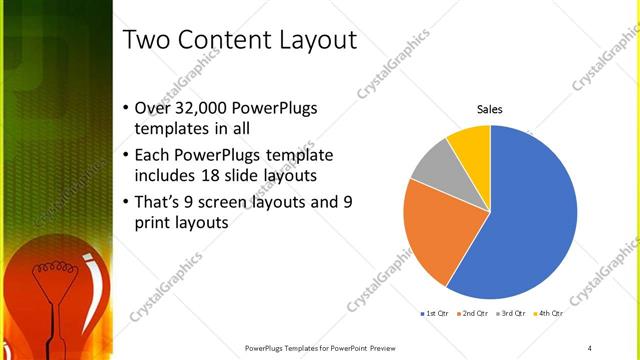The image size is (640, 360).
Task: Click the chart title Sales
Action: tap(489, 109)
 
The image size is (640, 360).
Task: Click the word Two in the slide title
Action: tap(147, 41)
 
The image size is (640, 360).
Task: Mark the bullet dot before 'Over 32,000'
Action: tap(125, 109)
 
